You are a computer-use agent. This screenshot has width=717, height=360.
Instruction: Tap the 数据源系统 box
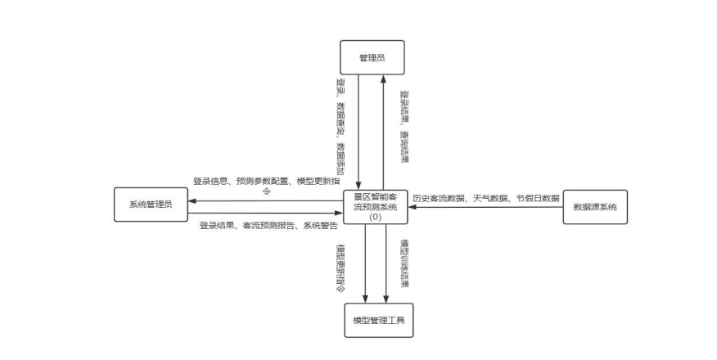tap(594, 207)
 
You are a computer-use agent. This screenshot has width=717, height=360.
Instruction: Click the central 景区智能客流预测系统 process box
tap(374, 201)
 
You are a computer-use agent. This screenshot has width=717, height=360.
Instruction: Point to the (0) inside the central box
tap(374, 218)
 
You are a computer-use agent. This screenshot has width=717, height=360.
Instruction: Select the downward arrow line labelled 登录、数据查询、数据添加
tap(359, 131)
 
